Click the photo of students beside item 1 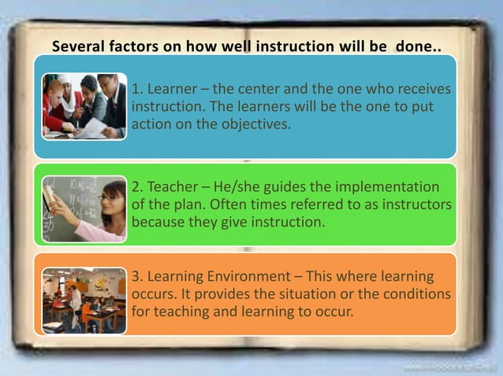(x=83, y=106)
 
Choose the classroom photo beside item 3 (x=84, y=300)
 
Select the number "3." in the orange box (x=139, y=278)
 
